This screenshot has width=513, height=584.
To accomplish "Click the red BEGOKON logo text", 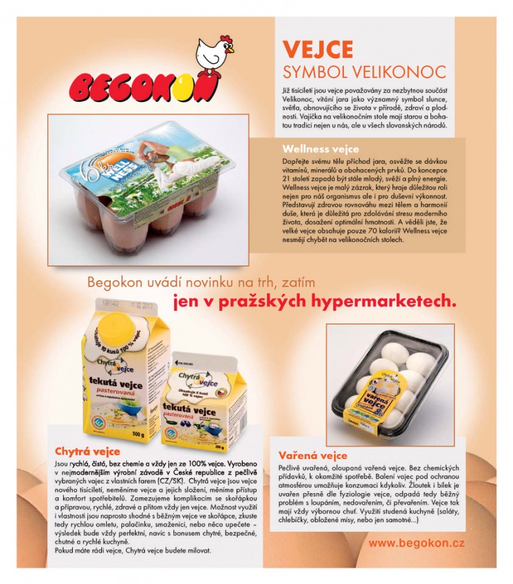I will pos(144,87).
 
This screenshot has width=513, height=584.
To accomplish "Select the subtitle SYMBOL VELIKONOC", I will pos(364,72).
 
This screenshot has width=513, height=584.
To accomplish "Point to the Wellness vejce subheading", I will pos(320,148).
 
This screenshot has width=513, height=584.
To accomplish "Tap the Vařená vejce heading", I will pos(313,456).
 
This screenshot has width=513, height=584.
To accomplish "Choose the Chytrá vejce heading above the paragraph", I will pos(87,452).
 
